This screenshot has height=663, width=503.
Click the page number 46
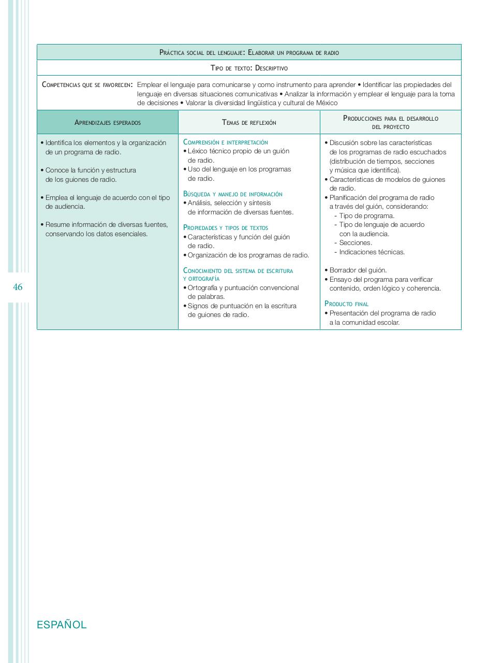[x=18, y=287]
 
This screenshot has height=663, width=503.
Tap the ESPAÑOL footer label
[x=62, y=625]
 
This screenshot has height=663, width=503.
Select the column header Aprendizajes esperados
[x=108, y=123]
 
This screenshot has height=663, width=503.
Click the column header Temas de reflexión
[x=249, y=123]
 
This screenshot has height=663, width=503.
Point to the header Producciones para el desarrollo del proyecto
[x=390, y=122]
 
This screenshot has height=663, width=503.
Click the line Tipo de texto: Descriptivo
[x=249, y=68]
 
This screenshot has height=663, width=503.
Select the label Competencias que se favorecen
[x=87, y=85]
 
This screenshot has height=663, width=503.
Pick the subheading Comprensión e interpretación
[x=226, y=142]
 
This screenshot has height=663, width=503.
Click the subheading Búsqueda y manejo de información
[x=233, y=194]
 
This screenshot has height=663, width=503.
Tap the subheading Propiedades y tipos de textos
[x=226, y=227]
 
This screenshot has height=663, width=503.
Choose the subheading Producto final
[x=346, y=304]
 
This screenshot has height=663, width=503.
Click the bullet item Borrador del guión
[x=358, y=270]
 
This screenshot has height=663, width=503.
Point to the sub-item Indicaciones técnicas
[x=372, y=252]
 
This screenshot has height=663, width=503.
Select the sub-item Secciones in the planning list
[x=356, y=242]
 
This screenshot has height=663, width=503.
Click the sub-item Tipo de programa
[x=366, y=215]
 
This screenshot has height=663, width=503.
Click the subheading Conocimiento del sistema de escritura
[x=238, y=270]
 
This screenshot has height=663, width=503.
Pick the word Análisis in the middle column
[x=199, y=203]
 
